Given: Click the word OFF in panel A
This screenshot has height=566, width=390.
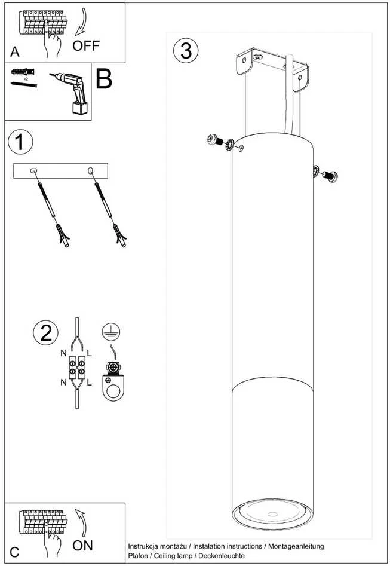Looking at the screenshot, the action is click(86, 46).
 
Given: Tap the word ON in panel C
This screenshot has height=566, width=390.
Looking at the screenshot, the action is click(82, 546).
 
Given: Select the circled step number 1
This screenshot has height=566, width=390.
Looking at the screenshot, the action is click(20, 142).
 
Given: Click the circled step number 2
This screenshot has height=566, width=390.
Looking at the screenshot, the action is click(46, 332).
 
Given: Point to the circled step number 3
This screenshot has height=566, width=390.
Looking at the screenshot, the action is click(186, 51).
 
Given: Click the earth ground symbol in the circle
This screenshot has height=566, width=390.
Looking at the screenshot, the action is click(110, 331).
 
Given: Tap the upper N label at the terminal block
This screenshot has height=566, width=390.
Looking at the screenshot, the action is click(64, 353).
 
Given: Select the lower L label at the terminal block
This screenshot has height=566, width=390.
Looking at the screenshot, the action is click(89, 383).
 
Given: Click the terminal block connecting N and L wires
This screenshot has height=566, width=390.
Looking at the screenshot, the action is click(77, 366).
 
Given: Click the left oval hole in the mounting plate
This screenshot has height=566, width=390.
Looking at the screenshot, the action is click(33, 170).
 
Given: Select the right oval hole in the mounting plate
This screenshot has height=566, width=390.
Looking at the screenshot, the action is click(91, 170).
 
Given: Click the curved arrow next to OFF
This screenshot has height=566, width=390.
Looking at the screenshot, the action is click(83, 22).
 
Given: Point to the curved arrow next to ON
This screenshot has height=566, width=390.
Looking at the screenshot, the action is click(82, 523).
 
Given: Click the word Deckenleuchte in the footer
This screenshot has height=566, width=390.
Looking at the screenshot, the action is click(222, 556).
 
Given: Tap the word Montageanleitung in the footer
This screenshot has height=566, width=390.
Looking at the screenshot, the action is click(296, 546).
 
